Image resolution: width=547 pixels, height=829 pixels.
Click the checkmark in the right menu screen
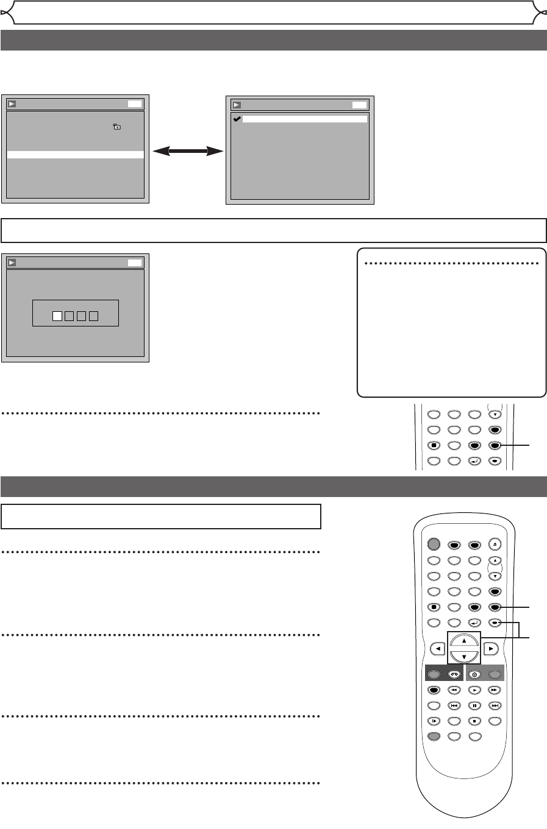237,119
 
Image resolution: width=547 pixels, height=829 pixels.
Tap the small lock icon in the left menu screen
116,127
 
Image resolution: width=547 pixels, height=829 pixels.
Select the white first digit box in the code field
57,316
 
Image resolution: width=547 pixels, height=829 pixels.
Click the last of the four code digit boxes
93,316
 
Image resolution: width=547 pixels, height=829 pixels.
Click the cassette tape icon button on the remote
454,674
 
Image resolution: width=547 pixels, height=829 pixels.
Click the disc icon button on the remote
474,674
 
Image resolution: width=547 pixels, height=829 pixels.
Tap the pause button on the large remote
474,706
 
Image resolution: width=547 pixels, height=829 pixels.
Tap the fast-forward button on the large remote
495,690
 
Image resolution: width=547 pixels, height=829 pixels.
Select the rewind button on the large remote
454,690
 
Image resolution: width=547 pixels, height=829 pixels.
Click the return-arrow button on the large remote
474,623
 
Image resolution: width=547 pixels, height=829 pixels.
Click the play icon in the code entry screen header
12,263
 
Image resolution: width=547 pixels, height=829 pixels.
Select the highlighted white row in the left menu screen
75,155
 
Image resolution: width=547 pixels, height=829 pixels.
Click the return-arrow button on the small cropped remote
474,461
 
